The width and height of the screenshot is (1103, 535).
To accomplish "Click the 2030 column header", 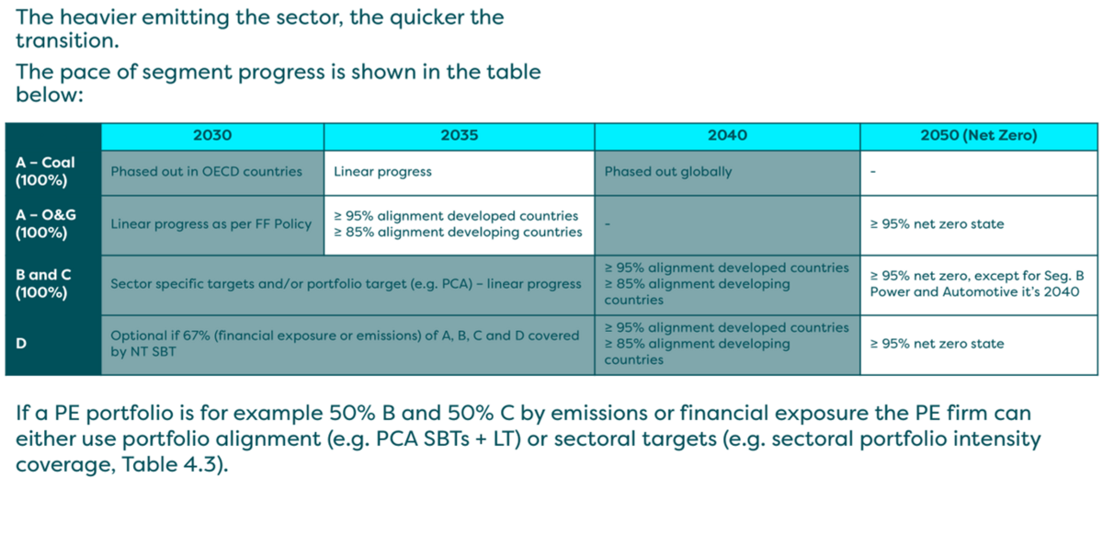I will click(212, 136).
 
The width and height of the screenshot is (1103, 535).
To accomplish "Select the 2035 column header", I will click(459, 136).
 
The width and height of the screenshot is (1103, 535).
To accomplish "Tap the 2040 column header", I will click(727, 136).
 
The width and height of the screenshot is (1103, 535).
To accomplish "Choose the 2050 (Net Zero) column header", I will click(978, 136).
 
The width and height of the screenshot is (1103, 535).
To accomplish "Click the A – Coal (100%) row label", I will click(45, 171).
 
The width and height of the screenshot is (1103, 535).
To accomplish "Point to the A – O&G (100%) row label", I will click(45, 223).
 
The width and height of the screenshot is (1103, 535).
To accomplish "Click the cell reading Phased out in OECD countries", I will click(206, 172).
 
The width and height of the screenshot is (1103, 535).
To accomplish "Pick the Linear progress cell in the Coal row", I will click(382, 172).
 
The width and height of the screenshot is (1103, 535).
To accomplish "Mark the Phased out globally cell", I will click(668, 172).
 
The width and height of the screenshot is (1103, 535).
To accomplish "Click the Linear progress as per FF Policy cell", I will click(210, 224).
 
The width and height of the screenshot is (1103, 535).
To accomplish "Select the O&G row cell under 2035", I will click(457, 224).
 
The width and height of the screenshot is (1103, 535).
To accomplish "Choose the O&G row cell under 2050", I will click(937, 224).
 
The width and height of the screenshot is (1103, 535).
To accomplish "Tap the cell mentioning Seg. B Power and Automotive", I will click(973, 284).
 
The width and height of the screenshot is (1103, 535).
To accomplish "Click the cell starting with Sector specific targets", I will click(346, 284).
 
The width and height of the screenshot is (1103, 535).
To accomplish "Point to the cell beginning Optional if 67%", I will click(345, 344).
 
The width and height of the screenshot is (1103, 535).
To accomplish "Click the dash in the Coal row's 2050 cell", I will click(872, 173).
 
